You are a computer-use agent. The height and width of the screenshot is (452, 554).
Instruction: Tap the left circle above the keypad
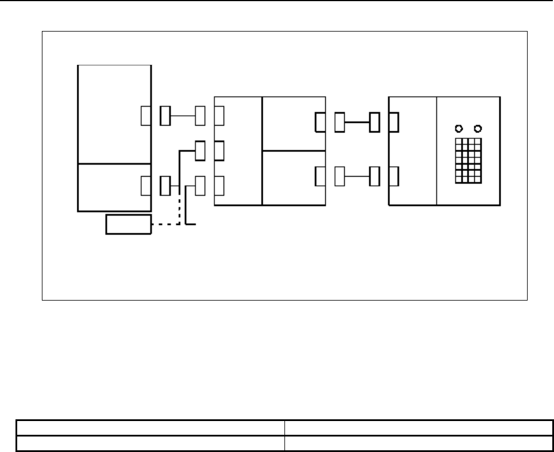coord(458,128)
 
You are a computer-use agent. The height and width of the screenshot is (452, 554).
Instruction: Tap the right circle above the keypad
coord(477,128)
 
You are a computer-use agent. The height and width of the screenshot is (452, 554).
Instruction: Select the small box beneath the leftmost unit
coord(128,225)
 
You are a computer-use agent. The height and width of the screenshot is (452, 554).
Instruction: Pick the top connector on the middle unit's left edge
coord(219,116)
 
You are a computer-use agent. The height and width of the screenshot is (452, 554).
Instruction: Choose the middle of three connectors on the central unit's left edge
coord(219,151)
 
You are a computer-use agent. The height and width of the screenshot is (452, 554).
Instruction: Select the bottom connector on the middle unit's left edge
coord(219,186)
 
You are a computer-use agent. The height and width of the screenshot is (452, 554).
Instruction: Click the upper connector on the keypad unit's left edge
coord(393,122)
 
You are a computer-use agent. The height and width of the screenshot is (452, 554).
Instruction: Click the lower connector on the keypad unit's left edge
coord(393,177)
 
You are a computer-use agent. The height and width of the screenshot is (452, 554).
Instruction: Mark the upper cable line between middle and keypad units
coord(357,122)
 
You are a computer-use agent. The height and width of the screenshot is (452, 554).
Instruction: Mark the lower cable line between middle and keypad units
coord(357,177)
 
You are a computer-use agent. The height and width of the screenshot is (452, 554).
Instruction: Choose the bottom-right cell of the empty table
coord(418,442)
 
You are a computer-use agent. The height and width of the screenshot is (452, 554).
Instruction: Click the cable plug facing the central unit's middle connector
coord(200,151)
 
